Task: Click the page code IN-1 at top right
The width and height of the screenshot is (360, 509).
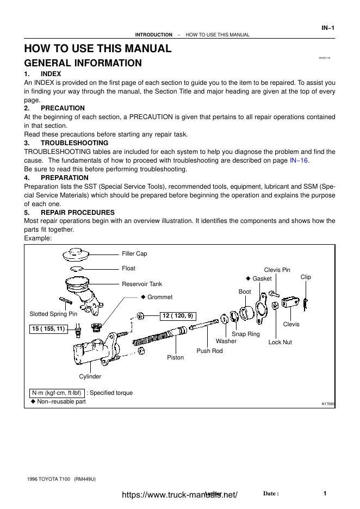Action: (328, 28)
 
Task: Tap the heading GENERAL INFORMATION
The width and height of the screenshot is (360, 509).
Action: (83, 63)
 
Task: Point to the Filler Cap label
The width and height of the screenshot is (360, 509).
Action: (134, 253)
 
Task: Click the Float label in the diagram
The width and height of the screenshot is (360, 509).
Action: (128, 268)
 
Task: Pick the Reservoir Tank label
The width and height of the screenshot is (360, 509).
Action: (141, 284)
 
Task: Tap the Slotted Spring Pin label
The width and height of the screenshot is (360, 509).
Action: (53, 314)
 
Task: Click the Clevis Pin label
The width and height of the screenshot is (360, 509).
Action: (277, 270)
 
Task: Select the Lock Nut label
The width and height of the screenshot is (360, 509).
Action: (280, 342)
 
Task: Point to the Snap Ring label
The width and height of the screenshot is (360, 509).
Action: (246, 334)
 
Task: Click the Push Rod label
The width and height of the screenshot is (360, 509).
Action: (209, 351)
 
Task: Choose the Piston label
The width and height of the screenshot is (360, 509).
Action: (175, 357)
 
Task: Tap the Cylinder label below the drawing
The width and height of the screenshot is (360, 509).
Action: (90, 376)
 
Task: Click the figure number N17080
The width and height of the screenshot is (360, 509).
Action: (328, 404)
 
